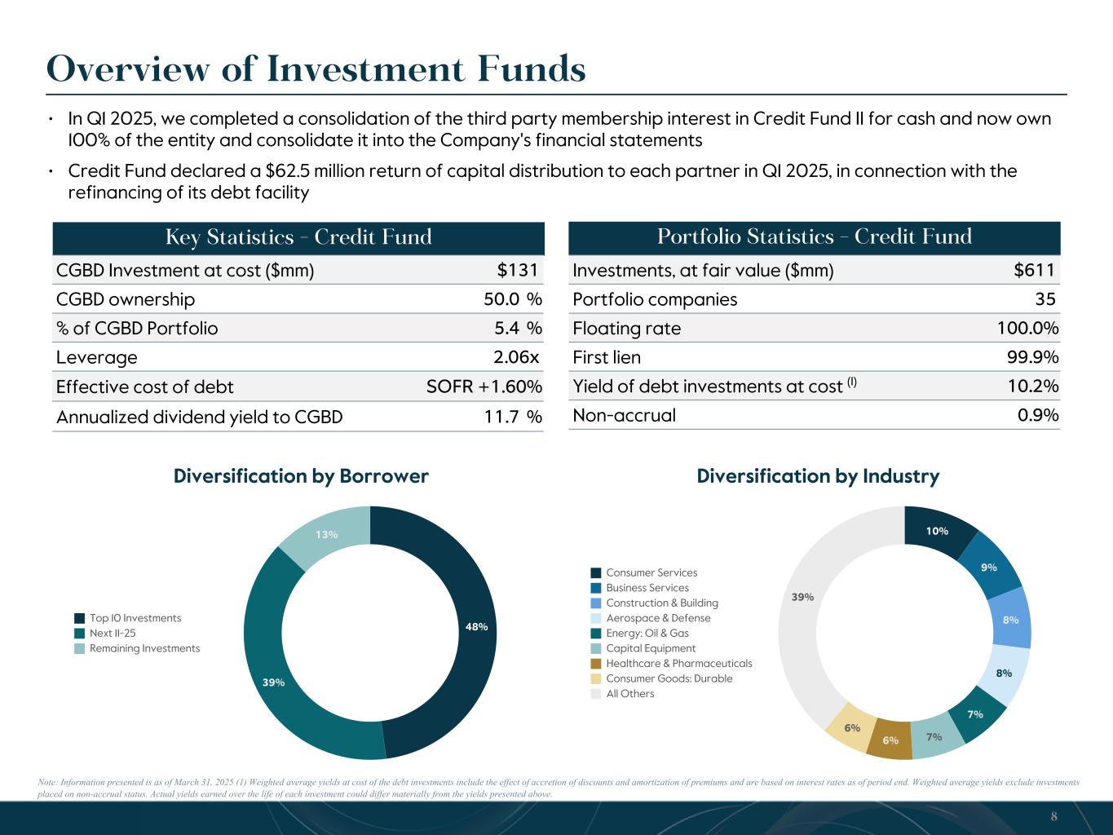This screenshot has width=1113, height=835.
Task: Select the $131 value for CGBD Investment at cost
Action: [519, 270]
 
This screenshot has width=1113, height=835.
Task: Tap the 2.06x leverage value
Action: [516, 357]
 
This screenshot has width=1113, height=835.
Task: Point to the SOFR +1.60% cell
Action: [484, 387]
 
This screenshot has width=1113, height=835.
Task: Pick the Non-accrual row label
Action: [624, 415]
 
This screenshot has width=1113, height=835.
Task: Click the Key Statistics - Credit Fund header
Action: [298, 237]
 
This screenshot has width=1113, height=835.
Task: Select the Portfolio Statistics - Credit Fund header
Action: [814, 236]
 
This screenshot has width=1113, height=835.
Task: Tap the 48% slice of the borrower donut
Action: [476, 626]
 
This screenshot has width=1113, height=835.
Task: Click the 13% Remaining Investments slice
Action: [327, 535]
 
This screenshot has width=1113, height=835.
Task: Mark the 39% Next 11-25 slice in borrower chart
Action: [274, 682]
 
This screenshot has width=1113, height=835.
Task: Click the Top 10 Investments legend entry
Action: [135, 618]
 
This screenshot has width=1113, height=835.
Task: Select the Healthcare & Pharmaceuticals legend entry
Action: [678, 663]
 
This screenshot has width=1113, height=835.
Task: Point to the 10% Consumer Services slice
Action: [937, 531]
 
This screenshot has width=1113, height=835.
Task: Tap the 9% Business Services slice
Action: [989, 567]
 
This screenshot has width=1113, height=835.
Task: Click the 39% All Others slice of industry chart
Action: [802, 597]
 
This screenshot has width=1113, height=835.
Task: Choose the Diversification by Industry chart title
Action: [818, 476]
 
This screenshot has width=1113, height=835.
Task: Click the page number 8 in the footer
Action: [1053, 816]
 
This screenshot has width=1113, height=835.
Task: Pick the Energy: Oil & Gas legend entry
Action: [647, 633]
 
